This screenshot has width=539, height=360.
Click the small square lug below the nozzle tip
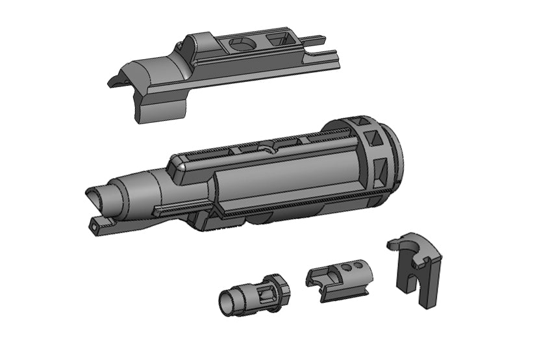(x=95, y=225)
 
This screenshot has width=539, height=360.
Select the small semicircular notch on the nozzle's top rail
(x=265, y=149)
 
